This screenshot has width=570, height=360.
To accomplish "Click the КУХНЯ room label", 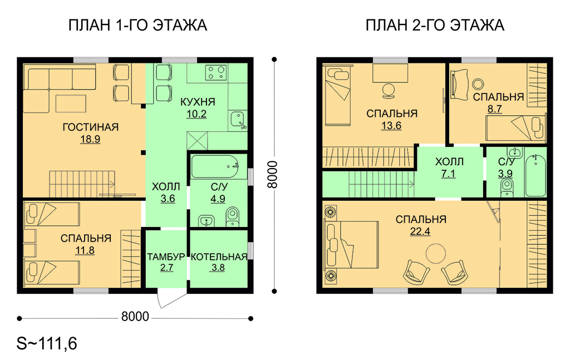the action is [x=198, y=102].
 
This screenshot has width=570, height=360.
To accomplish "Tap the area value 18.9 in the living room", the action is [x=90, y=139].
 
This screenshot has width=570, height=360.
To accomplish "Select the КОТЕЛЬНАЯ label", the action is [x=219, y=257].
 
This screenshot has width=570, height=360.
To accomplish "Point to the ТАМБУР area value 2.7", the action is [x=166, y=268].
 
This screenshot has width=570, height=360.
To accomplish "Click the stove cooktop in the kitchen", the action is [x=216, y=72].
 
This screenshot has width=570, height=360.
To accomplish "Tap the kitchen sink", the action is [x=238, y=120].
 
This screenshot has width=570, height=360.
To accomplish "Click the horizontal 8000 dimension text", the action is [x=135, y=317].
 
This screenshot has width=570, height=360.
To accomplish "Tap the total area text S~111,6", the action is [x=47, y=343].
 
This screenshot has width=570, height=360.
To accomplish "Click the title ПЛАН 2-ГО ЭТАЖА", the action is [x=435, y=26].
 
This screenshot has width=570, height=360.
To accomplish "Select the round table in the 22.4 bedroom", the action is [x=436, y=253].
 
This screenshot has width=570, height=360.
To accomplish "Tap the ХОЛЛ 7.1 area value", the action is [x=448, y=174].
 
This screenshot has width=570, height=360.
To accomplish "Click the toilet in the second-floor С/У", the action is [x=507, y=188].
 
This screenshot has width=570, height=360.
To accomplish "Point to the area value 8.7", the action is [x=495, y=109].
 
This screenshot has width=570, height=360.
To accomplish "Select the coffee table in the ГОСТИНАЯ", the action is [x=71, y=103].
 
